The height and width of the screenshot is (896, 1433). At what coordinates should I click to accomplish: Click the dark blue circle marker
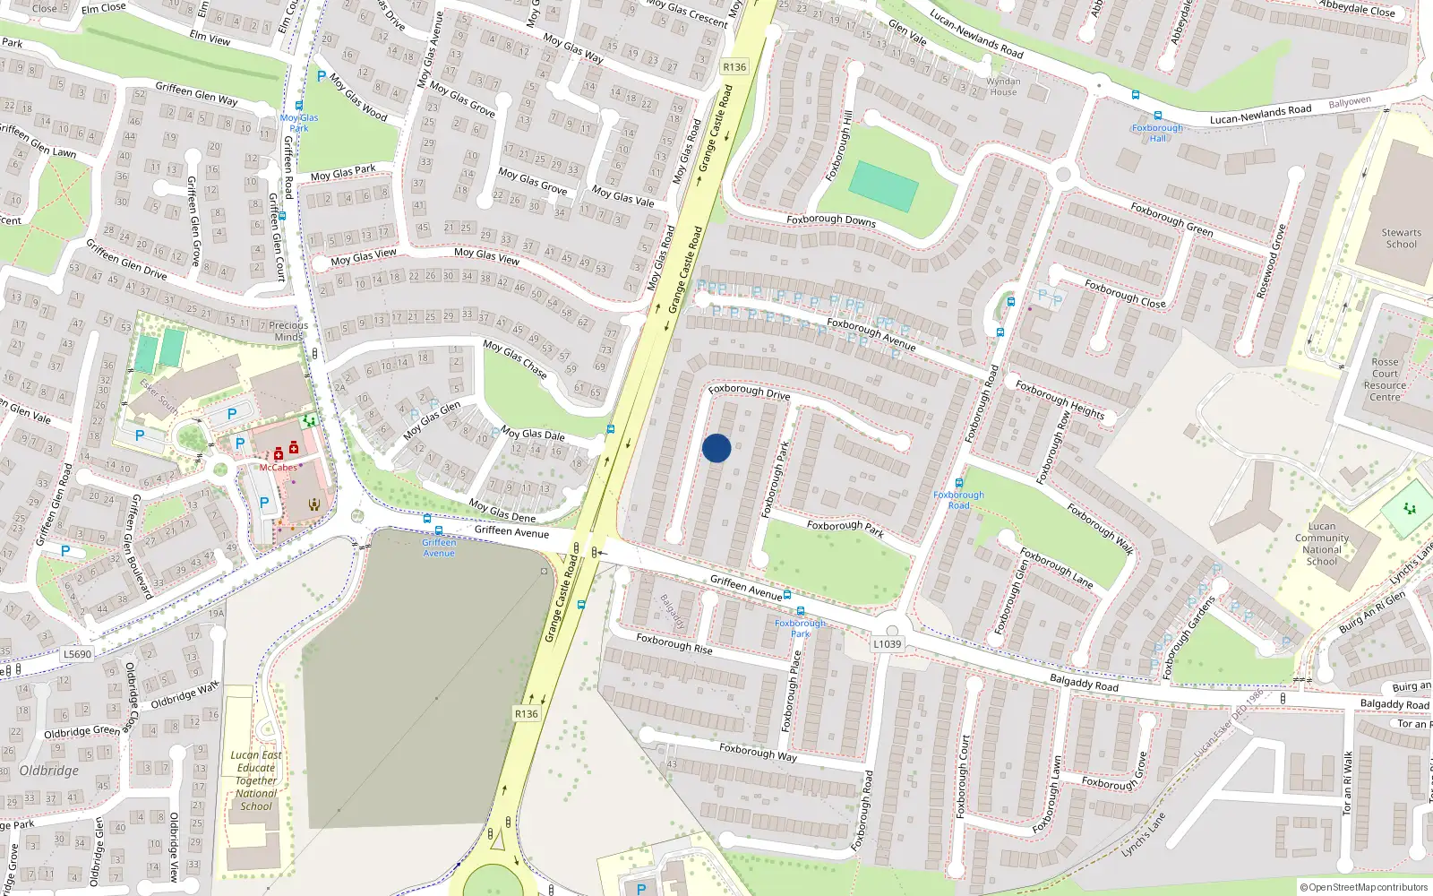point(716,448)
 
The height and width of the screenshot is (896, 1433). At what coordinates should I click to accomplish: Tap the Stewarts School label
point(1401,238)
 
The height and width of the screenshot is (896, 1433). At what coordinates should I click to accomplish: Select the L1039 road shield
point(887,643)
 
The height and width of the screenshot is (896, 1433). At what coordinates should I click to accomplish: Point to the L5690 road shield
point(77,654)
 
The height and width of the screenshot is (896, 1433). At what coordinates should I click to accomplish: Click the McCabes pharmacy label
point(278,467)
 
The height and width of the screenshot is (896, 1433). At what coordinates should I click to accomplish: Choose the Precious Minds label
point(288,332)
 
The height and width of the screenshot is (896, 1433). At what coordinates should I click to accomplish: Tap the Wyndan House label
point(1003,87)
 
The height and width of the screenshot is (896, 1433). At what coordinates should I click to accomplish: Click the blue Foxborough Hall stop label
point(1157,133)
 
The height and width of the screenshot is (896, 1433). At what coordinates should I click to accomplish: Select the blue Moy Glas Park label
point(299,123)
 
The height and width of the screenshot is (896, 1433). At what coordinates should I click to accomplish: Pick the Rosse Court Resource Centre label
point(1385,380)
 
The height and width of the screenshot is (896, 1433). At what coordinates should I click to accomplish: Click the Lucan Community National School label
point(1321,544)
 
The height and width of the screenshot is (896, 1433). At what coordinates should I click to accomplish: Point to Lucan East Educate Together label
point(256,780)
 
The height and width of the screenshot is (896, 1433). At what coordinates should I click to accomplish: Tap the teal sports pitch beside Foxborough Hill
point(883,186)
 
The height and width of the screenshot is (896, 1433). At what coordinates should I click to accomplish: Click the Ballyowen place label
point(1350,102)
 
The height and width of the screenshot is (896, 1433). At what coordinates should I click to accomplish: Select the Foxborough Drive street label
point(749,391)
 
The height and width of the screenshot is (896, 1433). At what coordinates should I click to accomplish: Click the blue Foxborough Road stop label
point(958,500)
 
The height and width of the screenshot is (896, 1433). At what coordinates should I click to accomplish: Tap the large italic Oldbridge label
point(49,771)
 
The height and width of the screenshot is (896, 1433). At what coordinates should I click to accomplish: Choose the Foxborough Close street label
point(1125,293)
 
